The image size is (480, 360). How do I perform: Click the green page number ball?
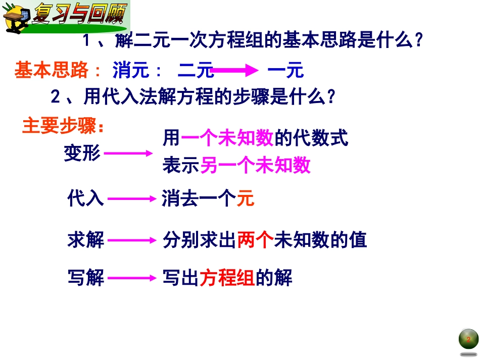pyautogui.click(x=468, y=339)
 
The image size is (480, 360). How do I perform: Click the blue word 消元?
pyautogui.click(x=131, y=71)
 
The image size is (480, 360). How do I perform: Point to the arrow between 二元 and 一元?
pyautogui.click(x=234, y=71)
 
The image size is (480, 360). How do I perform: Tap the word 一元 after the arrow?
pyautogui.click(x=285, y=71)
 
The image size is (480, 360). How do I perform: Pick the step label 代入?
pyautogui.click(x=85, y=199)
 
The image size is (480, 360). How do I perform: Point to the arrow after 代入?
pyautogui.click(x=130, y=199)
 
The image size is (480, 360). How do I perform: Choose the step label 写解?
pyautogui.click(x=85, y=278)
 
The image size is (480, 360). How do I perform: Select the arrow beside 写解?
pyautogui.click(x=130, y=278)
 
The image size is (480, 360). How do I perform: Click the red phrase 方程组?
pyautogui.click(x=227, y=278)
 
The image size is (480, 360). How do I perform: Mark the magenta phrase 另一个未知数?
pyautogui.click(x=255, y=165)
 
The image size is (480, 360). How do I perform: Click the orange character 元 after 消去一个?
pyautogui.click(x=246, y=199)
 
